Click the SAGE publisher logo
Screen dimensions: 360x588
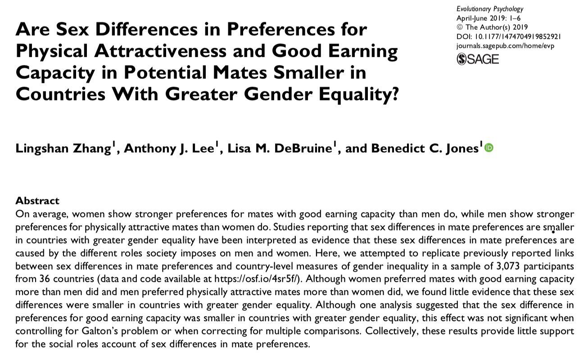(x=478, y=58)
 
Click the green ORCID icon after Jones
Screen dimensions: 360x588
(x=489, y=148)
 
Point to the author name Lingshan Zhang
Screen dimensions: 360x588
(x=63, y=149)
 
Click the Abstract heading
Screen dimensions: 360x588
(x=37, y=201)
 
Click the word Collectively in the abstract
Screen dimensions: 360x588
(x=389, y=331)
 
